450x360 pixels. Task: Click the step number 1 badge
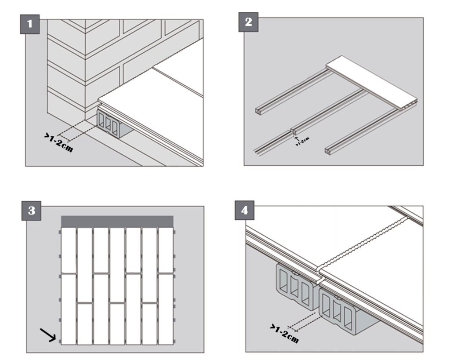coord(30,24)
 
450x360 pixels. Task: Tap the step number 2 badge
coord(248,22)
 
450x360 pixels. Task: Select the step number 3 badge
coord(31,211)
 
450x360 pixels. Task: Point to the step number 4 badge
coord(245,211)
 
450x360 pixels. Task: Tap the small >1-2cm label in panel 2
coord(303,142)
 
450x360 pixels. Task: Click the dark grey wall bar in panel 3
coord(117,221)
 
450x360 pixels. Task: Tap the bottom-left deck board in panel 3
coord(68,308)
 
